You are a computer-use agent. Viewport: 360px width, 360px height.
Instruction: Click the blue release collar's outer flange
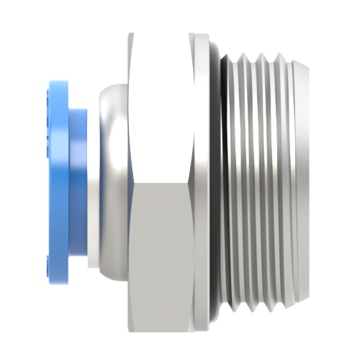click(x=57, y=173)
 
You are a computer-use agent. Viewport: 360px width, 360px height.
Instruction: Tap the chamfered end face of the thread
click(x=304, y=180)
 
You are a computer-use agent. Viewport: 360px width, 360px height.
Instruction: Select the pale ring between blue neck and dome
click(x=91, y=180)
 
